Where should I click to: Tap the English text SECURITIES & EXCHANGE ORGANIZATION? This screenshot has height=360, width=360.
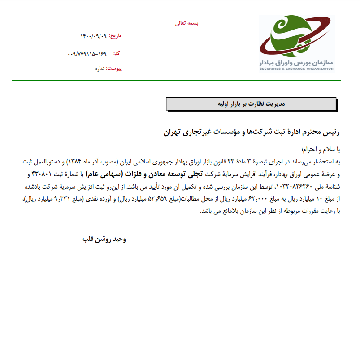pos(296,69)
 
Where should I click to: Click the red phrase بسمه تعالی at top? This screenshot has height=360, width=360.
pos(187,23)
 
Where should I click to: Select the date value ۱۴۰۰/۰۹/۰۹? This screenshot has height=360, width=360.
pos(94,36)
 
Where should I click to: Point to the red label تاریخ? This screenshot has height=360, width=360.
pos(116,36)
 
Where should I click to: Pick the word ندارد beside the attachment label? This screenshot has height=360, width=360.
pos(99,69)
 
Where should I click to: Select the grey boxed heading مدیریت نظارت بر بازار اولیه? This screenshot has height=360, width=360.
pos(251,104)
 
